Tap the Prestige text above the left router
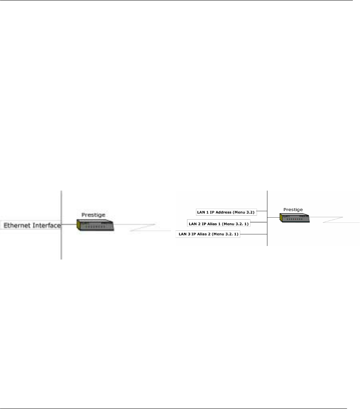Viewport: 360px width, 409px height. point(93,215)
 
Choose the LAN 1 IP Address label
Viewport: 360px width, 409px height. point(225,212)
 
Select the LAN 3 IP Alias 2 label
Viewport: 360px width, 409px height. point(208,234)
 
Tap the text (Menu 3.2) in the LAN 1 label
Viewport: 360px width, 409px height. point(243,212)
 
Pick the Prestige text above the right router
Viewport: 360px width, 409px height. point(293,209)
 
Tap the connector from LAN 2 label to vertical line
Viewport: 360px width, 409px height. point(259,222)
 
